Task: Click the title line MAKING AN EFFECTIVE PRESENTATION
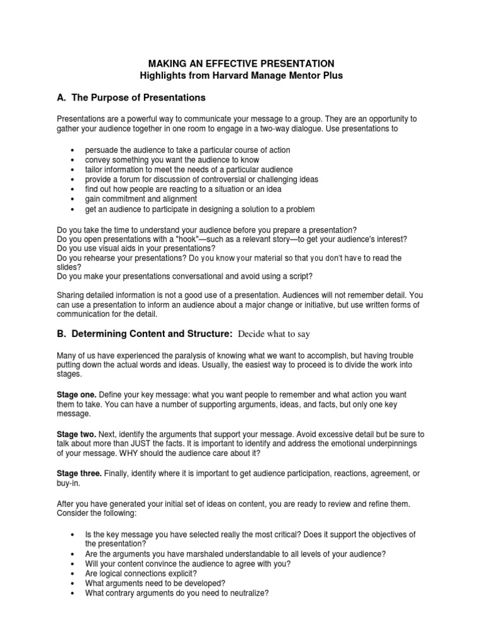(241, 64)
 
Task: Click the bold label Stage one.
(76, 394)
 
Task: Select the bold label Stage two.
(76, 435)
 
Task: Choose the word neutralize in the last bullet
(243, 592)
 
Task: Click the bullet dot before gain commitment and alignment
(74, 199)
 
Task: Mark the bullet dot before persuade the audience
(74, 151)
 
